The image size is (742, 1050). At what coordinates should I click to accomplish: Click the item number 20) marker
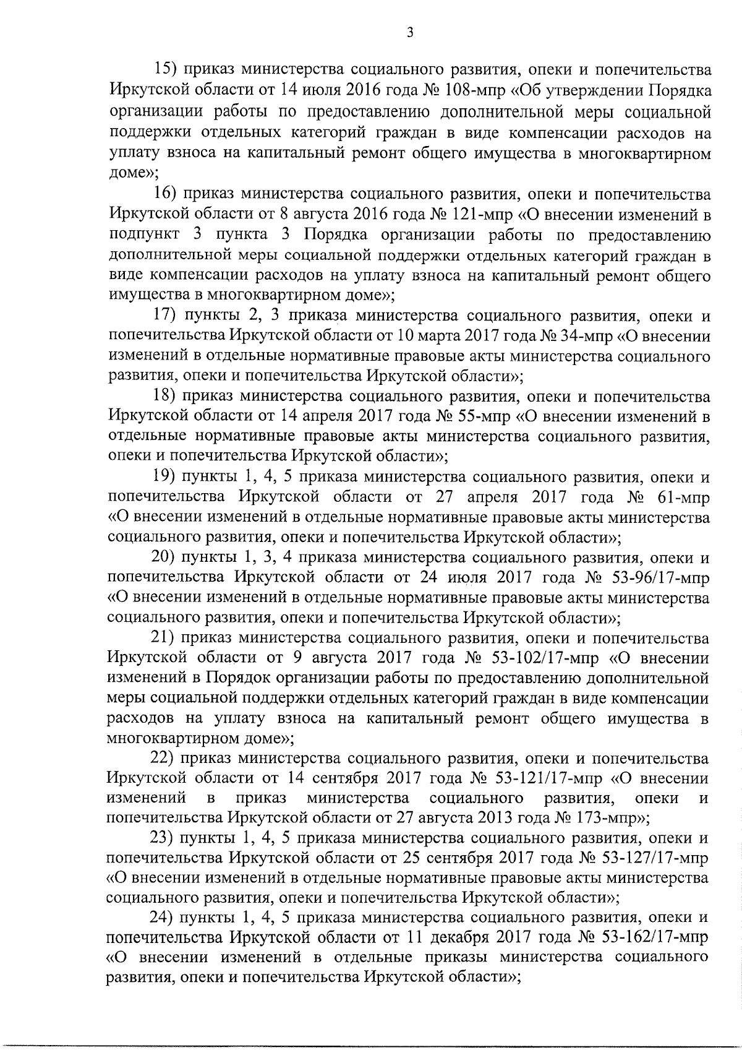pos(163,557)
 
